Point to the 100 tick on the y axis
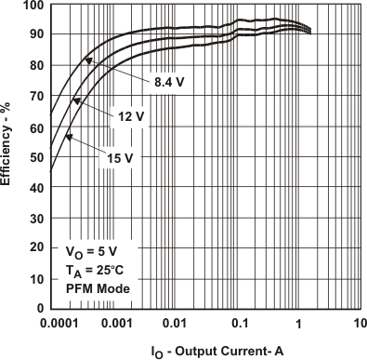pyautogui.click(x=32, y=6)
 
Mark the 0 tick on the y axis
pyautogui.click(x=39, y=308)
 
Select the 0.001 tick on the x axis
pyautogui.click(x=112, y=323)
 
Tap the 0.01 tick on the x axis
pyautogui.click(x=175, y=323)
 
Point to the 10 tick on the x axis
pyautogui.click(x=360, y=323)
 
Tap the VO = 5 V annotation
pyautogui.click(x=93, y=252)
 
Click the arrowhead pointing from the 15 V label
pyautogui.click(x=69, y=138)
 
